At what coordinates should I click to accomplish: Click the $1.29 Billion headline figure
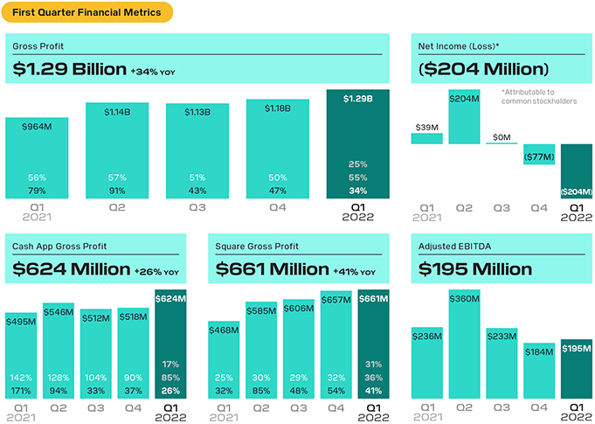[x=70, y=69]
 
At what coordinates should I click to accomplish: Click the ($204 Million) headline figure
[x=483, y=69]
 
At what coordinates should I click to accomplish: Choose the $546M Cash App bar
[x=59, y=350]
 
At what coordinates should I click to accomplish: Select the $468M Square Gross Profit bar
[x=224, y=359]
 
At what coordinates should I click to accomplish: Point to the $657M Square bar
[x=336, y=344]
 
